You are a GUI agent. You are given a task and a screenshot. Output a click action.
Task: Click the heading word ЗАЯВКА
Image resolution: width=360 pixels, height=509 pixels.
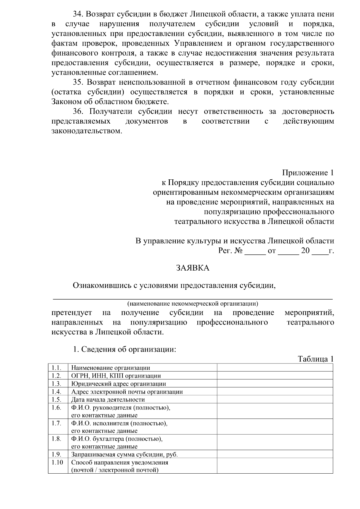pyautogui.click(x=192, y=268)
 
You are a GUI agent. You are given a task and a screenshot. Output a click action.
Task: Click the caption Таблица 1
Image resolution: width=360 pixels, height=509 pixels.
pyautogui.click(x=316, y=359)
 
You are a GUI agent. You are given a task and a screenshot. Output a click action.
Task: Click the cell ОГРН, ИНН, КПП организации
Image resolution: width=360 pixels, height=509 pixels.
pyautogui.click(x=116, y=376)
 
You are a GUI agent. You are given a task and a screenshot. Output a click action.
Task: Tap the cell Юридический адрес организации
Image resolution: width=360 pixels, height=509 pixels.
pyautogui.click(x=118, y=384)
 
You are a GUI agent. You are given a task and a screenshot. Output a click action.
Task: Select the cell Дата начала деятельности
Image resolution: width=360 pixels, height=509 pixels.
pyautogui.click(x=108, y=400)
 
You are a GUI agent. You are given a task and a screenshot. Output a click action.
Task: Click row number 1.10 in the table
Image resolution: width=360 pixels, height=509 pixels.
pyautogui.click(x=57, y=462)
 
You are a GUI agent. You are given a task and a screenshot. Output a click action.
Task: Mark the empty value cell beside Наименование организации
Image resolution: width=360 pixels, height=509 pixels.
pyautogui.click(x=275, y=368)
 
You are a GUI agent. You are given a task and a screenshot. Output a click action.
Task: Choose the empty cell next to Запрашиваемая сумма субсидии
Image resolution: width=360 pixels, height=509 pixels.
pyautogui.click(x=275, y=454)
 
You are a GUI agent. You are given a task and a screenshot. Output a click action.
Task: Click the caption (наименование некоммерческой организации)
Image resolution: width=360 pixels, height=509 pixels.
pyautogui.click(x=192, y=304)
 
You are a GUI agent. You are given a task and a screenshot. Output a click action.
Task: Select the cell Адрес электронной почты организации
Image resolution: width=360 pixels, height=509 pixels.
pyautogui.click(x=127, y=392)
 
